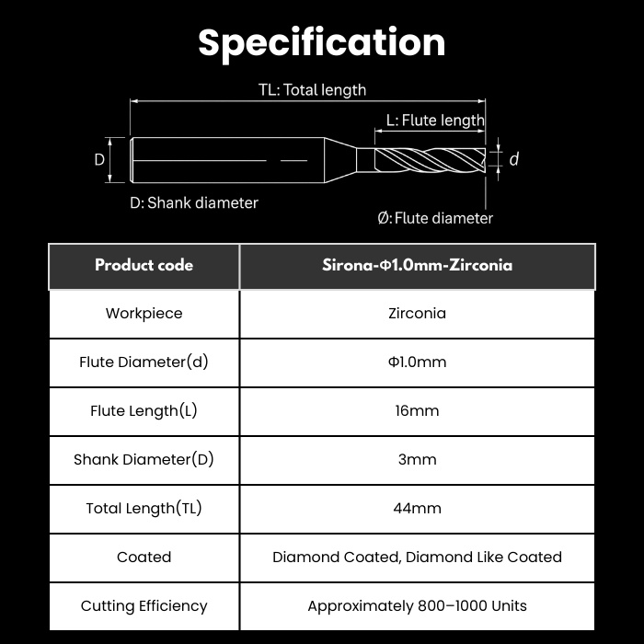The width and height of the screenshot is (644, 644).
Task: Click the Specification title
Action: point(322,43)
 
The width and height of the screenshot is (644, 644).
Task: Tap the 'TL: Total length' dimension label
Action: point(312,90)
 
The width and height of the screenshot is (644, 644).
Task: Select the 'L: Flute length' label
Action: point(435,121)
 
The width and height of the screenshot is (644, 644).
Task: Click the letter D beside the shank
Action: point(99,159)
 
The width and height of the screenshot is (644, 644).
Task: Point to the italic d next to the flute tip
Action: point(513,159)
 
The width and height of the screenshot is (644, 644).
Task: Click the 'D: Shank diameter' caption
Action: point(194,203)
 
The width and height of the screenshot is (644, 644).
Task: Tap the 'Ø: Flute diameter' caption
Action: point(435,218)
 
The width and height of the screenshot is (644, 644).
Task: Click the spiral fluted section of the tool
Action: point(430,160)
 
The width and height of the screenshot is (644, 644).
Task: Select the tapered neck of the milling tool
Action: point(340,160)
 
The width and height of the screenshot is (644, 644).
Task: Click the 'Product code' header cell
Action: point(144,265)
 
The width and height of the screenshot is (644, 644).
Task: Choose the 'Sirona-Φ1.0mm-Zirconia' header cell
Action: point(418,265)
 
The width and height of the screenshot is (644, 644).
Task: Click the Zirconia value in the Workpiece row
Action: point(418,314)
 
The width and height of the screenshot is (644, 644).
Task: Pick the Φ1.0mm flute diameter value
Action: point(418,362)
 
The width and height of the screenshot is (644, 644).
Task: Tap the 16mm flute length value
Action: point(418,410)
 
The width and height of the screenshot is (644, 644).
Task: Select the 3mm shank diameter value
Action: point(418,460)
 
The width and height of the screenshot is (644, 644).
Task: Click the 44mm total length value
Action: point(418,509)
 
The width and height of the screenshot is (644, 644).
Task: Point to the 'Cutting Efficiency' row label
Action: point(144,606)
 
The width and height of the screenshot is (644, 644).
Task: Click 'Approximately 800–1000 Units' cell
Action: point(418,606)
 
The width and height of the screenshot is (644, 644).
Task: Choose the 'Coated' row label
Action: point(144,558)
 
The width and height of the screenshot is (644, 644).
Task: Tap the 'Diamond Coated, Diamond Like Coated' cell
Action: point(418,558)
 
